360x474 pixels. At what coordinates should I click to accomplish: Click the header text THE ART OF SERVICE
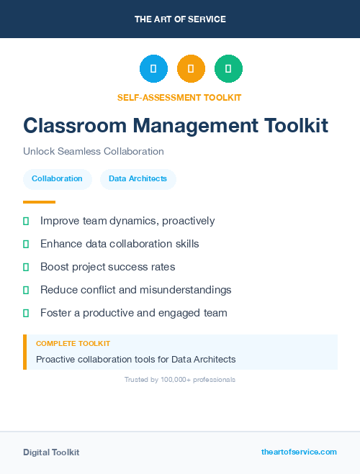coord(180,19)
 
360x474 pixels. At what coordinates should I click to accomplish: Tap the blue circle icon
coord(153,68)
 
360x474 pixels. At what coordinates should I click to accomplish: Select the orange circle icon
coord(191,68)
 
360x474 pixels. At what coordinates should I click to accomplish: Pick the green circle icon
coord(228,68)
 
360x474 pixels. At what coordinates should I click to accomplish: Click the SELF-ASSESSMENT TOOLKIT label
coord(179,97)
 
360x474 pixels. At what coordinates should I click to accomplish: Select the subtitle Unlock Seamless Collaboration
coord(94,152)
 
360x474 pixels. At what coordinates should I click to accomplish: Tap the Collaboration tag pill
coord(57,179)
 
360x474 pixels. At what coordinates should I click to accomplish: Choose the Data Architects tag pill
coord(138,179)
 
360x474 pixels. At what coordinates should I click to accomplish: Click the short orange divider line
coord(39,202)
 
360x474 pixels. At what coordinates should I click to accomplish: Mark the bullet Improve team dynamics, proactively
coord(127,221)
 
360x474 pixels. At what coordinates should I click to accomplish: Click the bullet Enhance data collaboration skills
coord(120,244)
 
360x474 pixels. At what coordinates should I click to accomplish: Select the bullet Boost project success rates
coord(107,267)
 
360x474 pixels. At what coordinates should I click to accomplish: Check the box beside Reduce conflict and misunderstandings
coord(26,290)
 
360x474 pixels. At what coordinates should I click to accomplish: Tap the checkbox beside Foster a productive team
coord(26,313)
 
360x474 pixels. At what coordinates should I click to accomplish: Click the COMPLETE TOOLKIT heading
coord(73,344)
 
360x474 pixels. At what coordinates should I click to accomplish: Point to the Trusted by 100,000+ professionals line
coord(180,379)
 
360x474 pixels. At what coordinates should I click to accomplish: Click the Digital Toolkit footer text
coord(51,452)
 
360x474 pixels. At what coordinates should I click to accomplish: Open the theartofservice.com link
coord(299,452)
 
